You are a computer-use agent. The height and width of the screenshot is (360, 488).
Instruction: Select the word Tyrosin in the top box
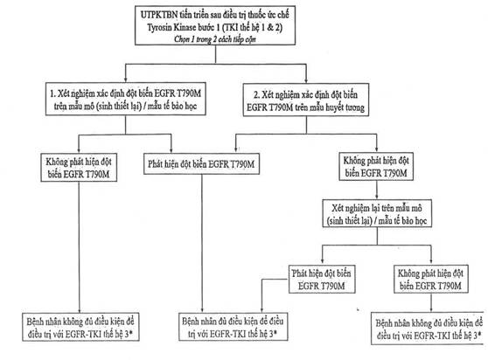coord(158,28)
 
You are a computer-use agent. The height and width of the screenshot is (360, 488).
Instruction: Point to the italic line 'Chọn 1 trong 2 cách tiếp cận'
coord(215,39)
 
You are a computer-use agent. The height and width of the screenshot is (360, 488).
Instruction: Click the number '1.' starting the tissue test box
coord(52,93)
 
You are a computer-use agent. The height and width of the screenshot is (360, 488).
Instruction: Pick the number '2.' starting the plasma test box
coord(256,94)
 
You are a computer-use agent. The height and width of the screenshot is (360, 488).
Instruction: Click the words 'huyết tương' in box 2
coord(345,107)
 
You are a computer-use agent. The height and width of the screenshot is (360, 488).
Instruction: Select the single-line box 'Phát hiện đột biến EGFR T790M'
coord(201,163)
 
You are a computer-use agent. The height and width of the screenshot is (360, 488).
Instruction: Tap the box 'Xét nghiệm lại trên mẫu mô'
coord(377,213)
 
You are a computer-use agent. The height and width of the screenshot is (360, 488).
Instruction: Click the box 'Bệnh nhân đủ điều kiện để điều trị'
coord(234,327)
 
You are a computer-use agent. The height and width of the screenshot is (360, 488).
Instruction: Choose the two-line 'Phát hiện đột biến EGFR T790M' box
coord(322,279)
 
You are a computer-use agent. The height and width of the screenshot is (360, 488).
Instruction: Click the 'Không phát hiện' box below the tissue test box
coord(79,167)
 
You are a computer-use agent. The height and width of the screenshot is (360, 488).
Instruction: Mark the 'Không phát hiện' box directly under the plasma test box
coord(376,166)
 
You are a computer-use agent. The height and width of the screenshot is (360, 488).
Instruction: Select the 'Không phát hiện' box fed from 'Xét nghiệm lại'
coord(431,279)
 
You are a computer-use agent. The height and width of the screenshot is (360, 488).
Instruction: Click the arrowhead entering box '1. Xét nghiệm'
coord(125,79)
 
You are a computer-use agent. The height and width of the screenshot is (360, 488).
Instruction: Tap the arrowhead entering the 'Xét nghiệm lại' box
coord(377,196)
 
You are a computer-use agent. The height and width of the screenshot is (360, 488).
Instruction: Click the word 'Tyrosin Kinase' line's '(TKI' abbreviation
coord(230,27)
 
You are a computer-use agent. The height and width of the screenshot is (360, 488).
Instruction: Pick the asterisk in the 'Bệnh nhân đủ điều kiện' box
coord(275,333)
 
